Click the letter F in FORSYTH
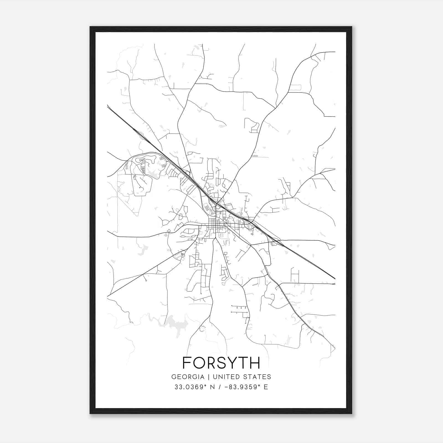[187, 363]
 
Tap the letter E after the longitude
[266, 387]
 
